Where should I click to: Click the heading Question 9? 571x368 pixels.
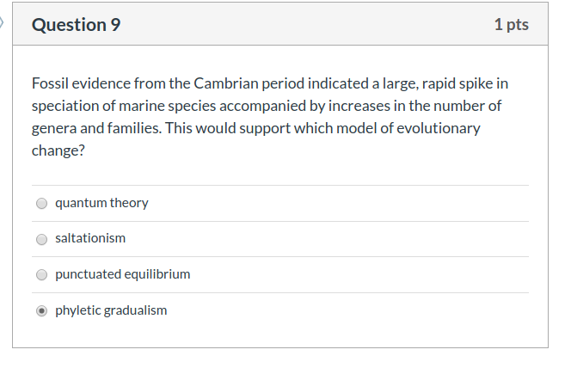coord(76,25)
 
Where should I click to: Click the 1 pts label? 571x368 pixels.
coord(511,25)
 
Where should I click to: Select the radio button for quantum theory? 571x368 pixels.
coord(41,204)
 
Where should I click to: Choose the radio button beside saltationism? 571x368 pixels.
coord(41,239)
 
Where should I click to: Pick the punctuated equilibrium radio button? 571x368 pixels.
coord(41,275)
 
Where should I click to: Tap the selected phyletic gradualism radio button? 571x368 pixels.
coord(41,311)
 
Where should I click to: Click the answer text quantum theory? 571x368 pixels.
coord(101,203)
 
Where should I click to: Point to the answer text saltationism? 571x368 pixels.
coord(90,238)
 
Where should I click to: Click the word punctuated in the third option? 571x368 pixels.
coord(88,274)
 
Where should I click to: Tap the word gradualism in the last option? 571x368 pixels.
coord(135,310)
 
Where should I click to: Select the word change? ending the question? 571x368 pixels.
coord(59,150)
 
